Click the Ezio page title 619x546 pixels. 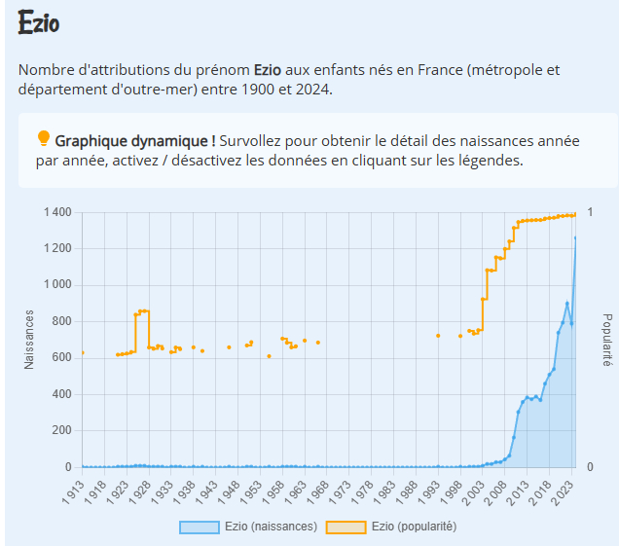[38, 24]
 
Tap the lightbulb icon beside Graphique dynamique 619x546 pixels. [43, 138]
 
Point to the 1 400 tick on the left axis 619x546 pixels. [57, 212]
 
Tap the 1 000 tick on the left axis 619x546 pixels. [57, 285]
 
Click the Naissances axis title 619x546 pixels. [29, 340]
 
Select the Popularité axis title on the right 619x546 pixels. [606, 340]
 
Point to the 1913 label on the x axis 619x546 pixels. [74, 491]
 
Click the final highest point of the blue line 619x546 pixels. [575, 237]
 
